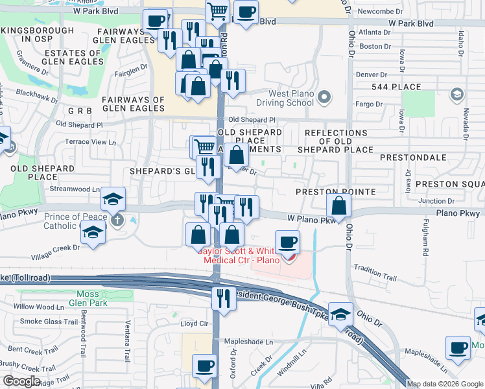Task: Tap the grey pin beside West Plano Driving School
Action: coord(325,98)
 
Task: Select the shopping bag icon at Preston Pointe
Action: coord(339,207)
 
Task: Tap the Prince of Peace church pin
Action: coord(117,220)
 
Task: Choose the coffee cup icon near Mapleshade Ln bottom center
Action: coord(205,366)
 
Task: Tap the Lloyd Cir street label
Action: coord(194,323)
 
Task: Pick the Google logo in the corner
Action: coord(21,381)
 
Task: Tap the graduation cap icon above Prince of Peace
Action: coord(113,199)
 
